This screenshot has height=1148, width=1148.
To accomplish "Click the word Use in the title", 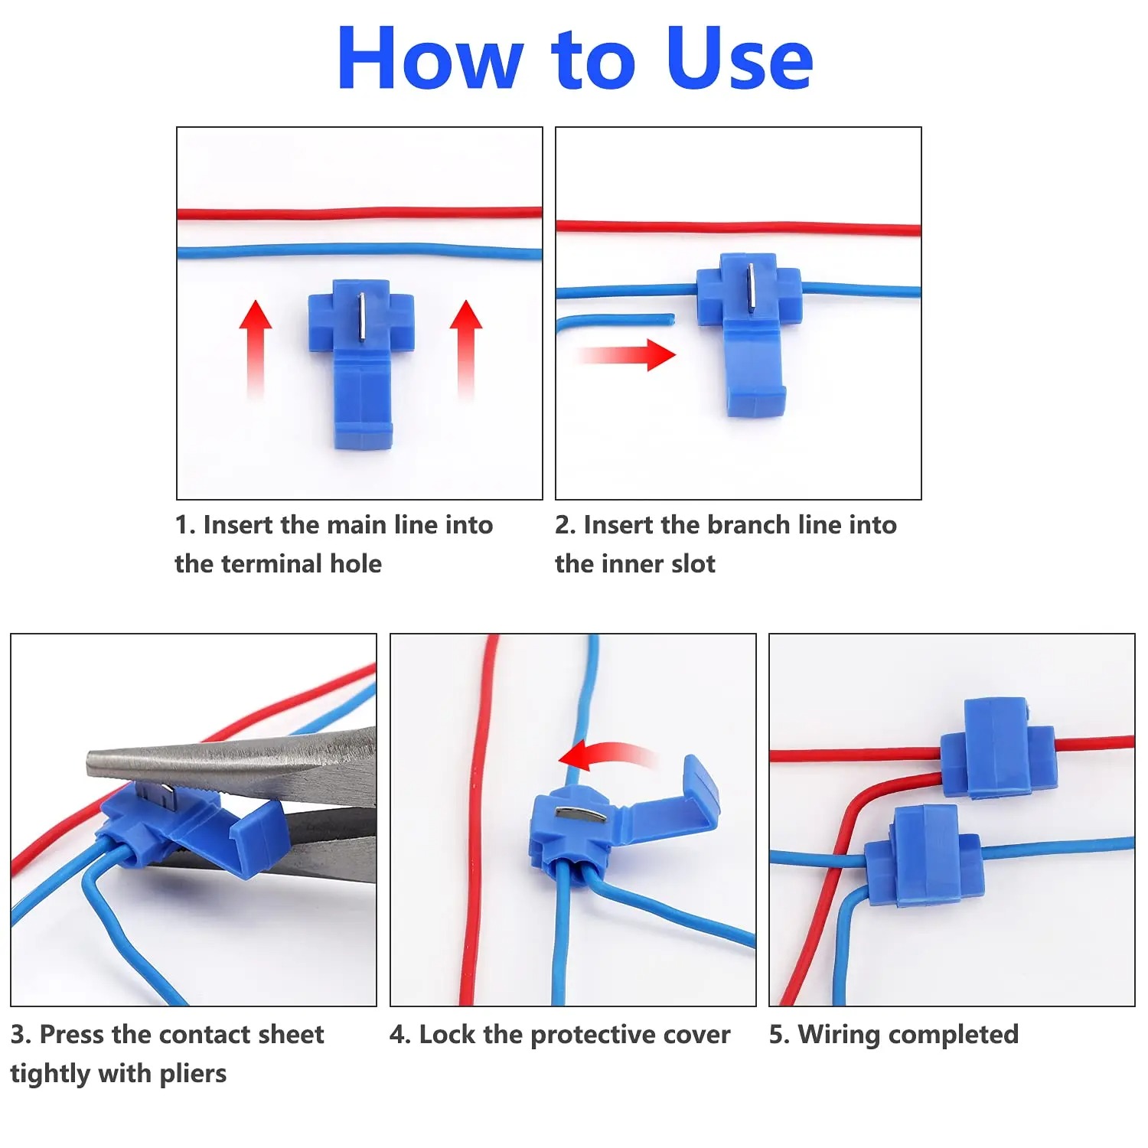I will pos(739,59).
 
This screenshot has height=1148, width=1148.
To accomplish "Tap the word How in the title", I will pos(430,59).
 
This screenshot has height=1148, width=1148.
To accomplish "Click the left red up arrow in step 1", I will pos(256,344).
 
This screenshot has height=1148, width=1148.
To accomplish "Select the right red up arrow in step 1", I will pos(465,344).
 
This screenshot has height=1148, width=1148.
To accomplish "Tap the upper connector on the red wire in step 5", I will pos(997,750).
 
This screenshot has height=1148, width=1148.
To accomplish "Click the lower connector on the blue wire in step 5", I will pos(924,857).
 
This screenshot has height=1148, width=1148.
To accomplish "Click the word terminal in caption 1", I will pos(277,564).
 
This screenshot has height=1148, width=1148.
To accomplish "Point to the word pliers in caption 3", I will pos(193,1074).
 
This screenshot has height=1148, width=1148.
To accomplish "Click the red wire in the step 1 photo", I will pos(360,212).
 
